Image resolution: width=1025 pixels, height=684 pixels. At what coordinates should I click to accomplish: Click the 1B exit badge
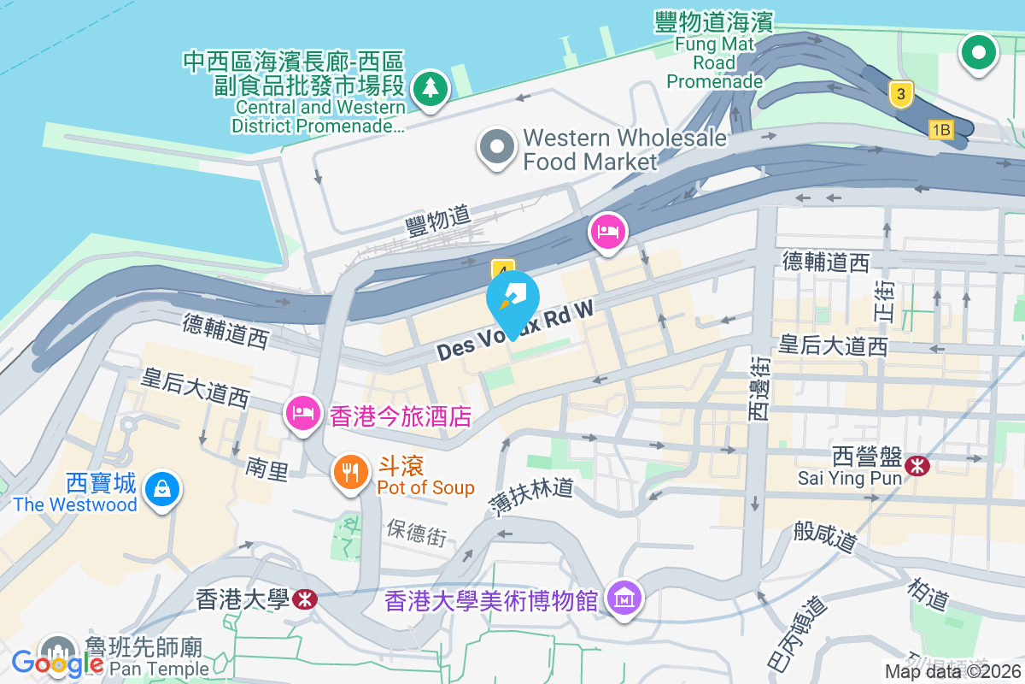[940, 130]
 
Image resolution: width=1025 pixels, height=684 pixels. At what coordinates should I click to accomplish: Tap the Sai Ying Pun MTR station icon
[919, 466]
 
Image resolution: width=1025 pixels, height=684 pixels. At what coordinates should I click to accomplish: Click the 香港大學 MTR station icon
[303, 598]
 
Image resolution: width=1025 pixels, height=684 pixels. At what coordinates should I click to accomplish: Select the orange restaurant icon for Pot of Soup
[350, 473]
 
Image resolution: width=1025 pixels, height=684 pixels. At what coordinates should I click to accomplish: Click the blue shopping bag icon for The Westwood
[161, 491]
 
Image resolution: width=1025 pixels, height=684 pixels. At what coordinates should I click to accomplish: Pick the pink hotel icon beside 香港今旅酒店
[303, 415]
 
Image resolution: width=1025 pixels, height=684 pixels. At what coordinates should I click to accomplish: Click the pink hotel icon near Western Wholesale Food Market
[608, 232]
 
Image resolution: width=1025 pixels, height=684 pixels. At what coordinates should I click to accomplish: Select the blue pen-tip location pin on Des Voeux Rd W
[512, 302]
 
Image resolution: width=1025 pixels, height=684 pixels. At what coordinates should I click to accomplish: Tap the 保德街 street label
[416, 532]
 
